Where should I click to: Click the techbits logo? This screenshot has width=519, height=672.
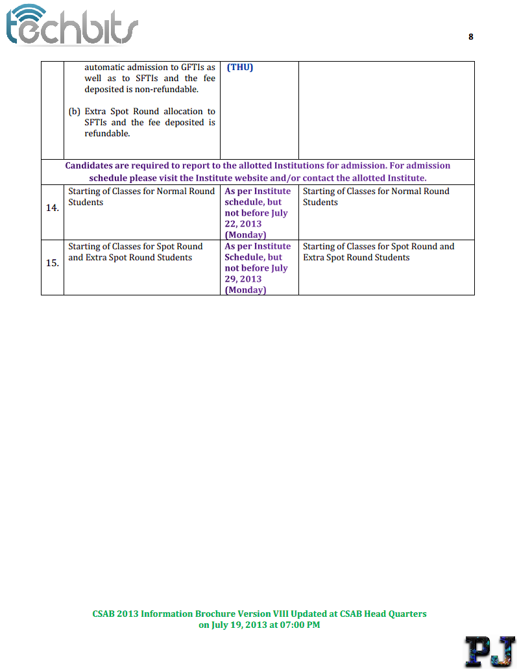(x=71, y=26)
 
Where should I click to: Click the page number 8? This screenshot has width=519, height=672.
(x=471, y=37)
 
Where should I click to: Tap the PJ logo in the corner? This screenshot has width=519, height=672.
(x=490, y=652)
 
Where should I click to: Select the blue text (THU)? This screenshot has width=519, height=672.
(x=240, y=67)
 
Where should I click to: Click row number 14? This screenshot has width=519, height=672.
(x=53, y=208)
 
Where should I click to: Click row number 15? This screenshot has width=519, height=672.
(x=53, y=263)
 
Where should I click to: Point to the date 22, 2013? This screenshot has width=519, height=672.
(x=243, y=224)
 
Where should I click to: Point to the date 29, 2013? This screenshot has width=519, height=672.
(x=243, y=279)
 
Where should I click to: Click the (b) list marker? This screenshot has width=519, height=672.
(x=74, y=112)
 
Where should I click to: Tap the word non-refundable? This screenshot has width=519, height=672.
(x=167, y=89)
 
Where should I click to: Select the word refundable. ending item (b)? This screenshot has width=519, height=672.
(x=108, y=134)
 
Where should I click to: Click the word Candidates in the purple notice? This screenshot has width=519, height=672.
(x=88, y=166)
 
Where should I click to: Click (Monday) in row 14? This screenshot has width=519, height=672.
(x=245, y=235)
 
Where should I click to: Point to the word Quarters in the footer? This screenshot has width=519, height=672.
(x=406, y=614)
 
